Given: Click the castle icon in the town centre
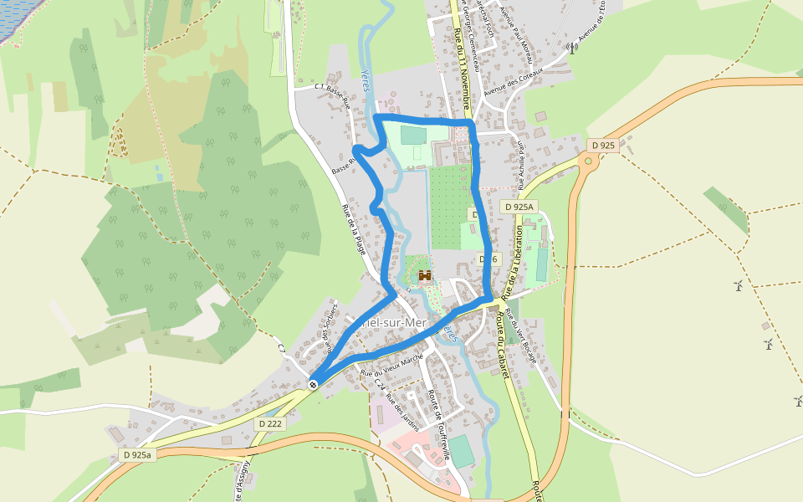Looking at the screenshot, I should click(425, 275).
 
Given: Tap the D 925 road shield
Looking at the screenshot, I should click(602, 145).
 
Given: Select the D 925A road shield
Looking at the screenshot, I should click(519, 206).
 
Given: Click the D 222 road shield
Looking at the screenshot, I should click(270, 423).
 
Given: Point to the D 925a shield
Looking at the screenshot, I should click(136, 454).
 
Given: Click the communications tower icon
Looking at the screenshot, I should click(572, 48).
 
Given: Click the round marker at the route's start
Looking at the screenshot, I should click(313, 384).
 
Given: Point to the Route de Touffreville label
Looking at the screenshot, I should click(439, 426).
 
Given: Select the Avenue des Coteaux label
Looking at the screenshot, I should click(514, 80).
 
